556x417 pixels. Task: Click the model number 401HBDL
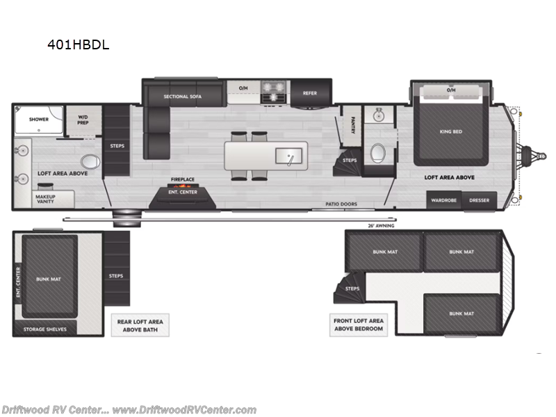77,45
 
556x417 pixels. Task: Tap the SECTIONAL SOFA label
182,96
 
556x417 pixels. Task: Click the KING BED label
451,132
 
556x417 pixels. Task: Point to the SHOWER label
39,119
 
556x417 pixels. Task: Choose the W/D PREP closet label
83,120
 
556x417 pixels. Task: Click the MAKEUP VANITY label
46,198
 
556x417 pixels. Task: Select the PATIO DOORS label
341,204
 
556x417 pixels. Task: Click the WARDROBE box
443,200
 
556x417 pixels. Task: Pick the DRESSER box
479,200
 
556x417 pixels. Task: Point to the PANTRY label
353,123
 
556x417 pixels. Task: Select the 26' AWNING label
380,225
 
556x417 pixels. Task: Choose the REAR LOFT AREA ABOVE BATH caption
142,325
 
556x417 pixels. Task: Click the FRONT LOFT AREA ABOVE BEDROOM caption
357,325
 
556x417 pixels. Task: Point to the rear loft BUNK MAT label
49,278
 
